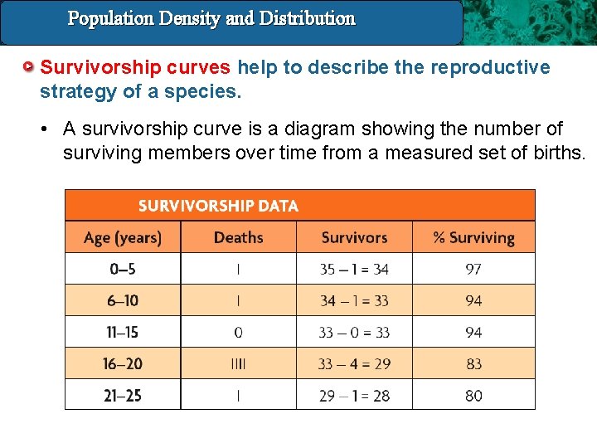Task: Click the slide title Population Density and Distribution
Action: point(211,18)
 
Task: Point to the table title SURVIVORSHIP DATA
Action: point(218,206)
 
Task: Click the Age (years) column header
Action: point(123,238)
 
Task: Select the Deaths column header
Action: point(238,238)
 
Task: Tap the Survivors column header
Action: point(354,238)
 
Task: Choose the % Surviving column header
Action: point(473,238)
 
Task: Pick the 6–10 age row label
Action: point(122,300)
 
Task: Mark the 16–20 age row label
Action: point(122,363)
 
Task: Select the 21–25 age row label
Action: point(122,396)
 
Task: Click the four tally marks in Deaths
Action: point(238,363)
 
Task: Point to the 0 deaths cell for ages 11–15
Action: point(238,332)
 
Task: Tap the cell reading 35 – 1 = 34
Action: point(354,269)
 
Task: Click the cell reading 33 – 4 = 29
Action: point(354,363)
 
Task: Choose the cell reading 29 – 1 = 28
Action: point(354,396)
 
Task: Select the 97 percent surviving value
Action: point(473,269)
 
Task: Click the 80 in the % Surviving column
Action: point(473,396)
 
